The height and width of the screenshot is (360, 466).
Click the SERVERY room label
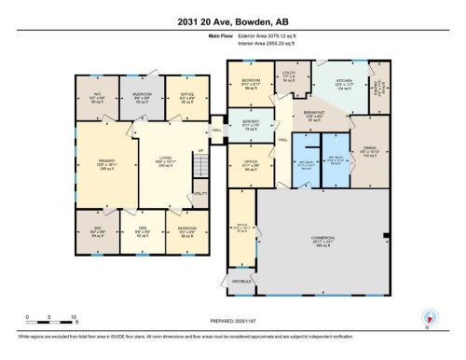pos(250,125)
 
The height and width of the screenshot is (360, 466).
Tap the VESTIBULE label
pos(241,281)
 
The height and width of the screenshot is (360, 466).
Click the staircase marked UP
pos(199,169)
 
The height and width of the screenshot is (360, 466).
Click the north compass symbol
pos(428,317)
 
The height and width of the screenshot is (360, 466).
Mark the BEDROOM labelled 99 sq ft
pos(251,84)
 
